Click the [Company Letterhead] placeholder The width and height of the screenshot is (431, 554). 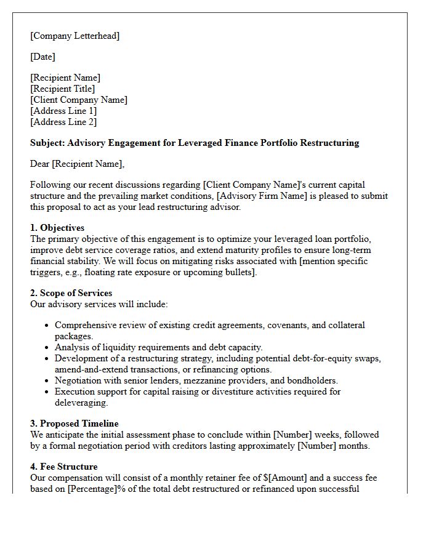click(x=75, y=36)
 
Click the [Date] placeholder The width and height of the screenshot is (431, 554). click(x=42, y=57)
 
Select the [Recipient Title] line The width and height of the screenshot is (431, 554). click(x=63, y=89)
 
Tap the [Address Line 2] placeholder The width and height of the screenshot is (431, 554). click(x=63, y=122)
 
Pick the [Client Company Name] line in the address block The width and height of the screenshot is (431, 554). click(x=79, y=100)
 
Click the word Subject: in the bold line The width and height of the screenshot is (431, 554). click(x=47, y=143)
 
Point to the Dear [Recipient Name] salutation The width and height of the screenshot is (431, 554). click(x=77, y=164)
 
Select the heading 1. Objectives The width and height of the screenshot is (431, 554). click(x=57, y=228)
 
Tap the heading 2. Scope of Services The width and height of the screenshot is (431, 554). click(x=71, y=293)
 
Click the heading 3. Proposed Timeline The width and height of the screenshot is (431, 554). click(x=75, y=424)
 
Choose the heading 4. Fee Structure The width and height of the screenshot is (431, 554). click(x=64, y=467)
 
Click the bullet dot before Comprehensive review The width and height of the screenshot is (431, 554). click(x=47, y=325)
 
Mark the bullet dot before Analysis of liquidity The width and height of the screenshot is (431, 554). click(x=47, y=347)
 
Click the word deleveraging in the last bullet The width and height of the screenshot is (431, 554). click(x=81, y=403)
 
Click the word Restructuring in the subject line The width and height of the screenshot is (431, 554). click(x=329, y=143)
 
